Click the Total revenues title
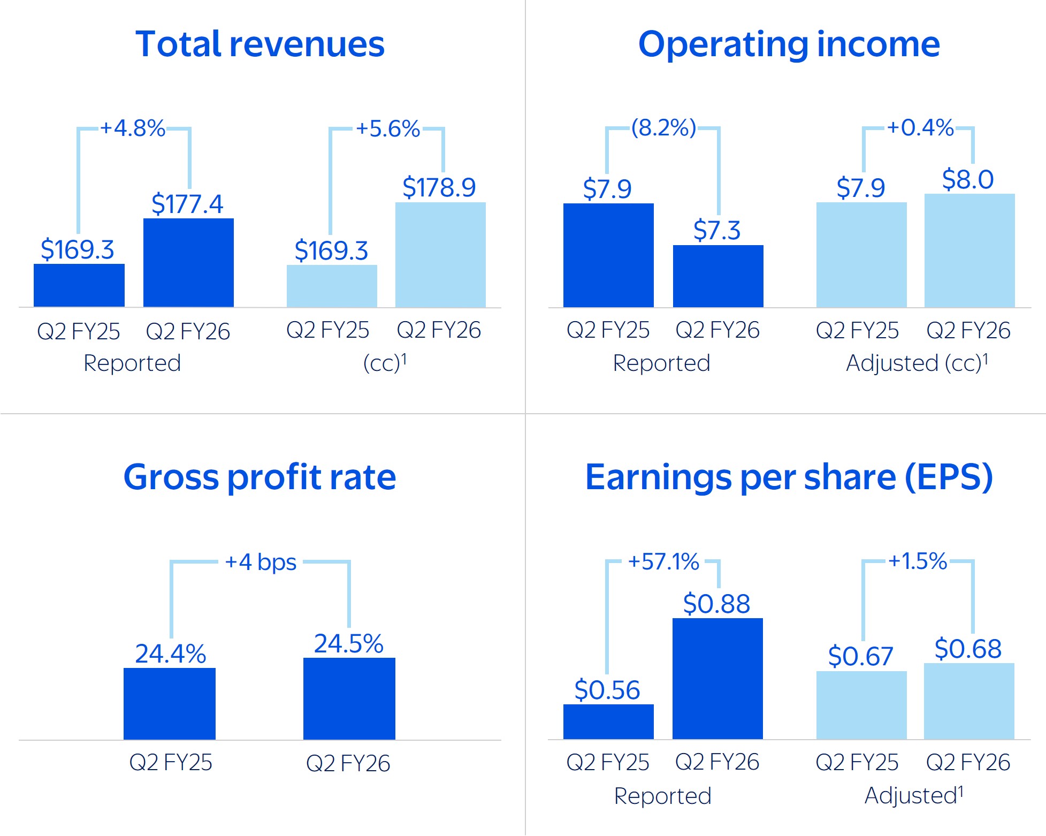click(260, 44)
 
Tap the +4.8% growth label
click(133, 128)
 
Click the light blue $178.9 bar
click(440, 255)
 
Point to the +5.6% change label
click(388, 129)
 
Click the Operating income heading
click(789, 44)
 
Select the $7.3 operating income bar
click(718, 276)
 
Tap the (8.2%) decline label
click(663, 128)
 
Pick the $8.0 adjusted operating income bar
click(969, 250)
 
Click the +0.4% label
click(920, 128)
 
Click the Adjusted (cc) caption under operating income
click(917, 363)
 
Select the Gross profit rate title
click(260, 477)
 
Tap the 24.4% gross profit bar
click(170, 703)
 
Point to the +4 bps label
click(261, 562)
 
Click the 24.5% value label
click(349, 643)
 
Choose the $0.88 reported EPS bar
click(717, 679)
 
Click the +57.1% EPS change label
click(663, 562)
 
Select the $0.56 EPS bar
click(608, 721)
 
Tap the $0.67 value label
click(860, 656)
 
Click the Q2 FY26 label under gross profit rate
click(348, 763)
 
